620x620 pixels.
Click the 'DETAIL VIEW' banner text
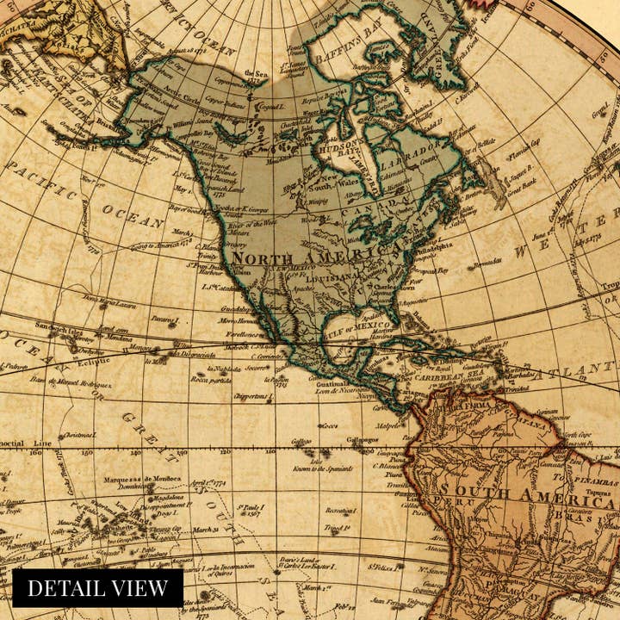(x=97, y=588)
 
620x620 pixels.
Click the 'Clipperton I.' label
(x=252, y=396)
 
